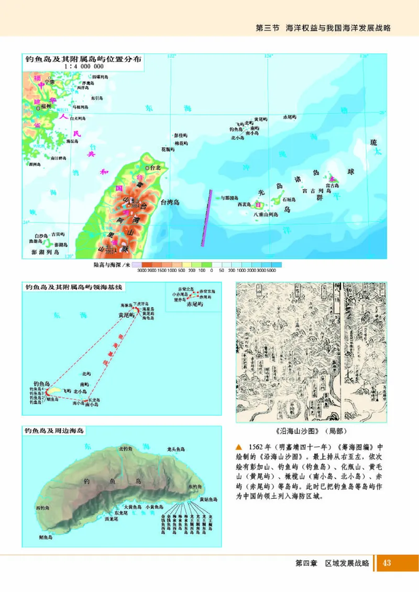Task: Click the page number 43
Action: click(387, 563)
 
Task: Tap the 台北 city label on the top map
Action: click(155, 169)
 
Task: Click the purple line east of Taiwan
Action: click(206, 217)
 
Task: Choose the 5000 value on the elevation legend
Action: click(271, 271)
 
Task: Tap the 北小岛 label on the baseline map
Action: click(80, 391)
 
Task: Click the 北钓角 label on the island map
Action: click(126, 449)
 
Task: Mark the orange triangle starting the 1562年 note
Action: click(239, 447)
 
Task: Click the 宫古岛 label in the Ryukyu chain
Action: click(332, 185)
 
